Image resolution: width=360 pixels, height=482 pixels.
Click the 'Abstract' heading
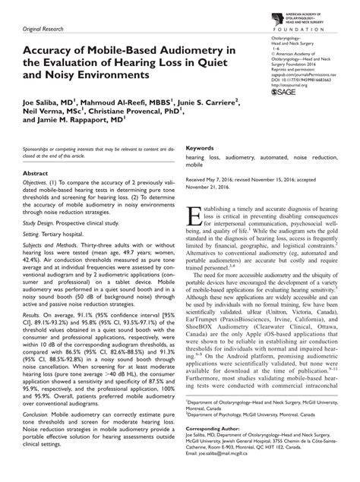[x=39, y=174]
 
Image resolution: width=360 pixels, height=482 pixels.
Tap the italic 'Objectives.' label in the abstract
[x=39, y=184]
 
